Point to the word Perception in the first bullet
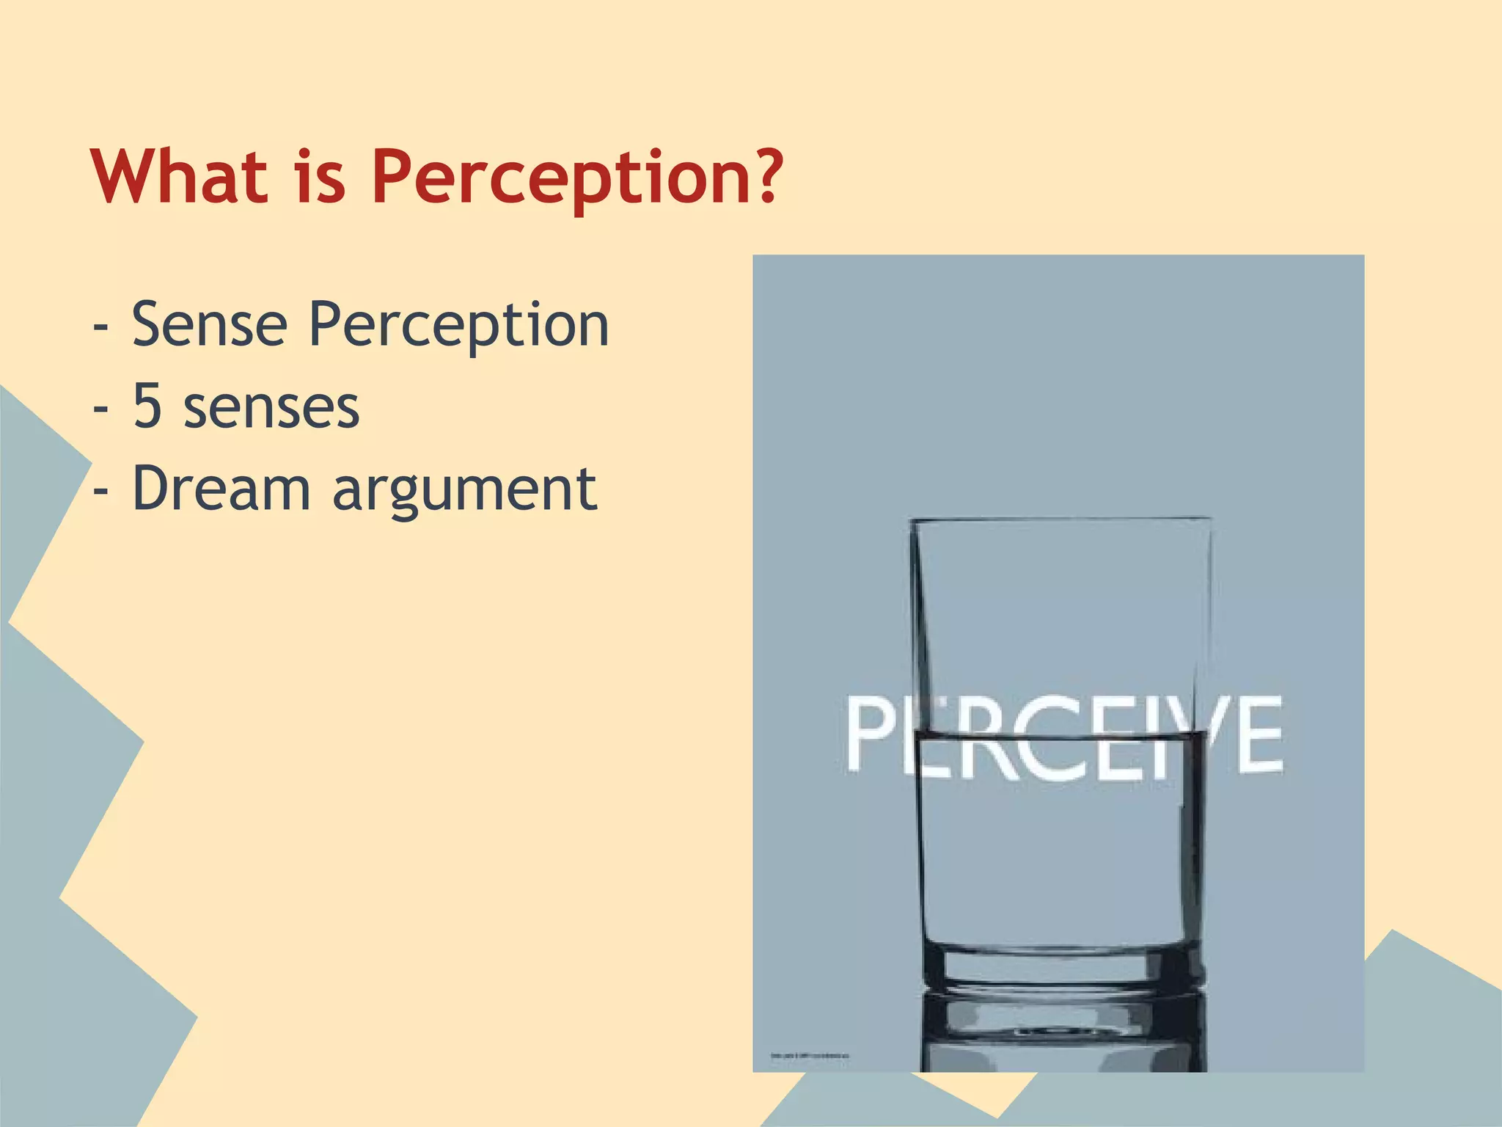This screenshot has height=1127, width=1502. tap(458, 326)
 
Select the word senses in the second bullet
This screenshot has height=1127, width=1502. tap(271, 408)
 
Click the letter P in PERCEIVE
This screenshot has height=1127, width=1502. tap(872, 733)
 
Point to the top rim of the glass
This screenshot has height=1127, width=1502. tap(1060, 519)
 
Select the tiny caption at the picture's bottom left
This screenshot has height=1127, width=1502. tap(809, 1056)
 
